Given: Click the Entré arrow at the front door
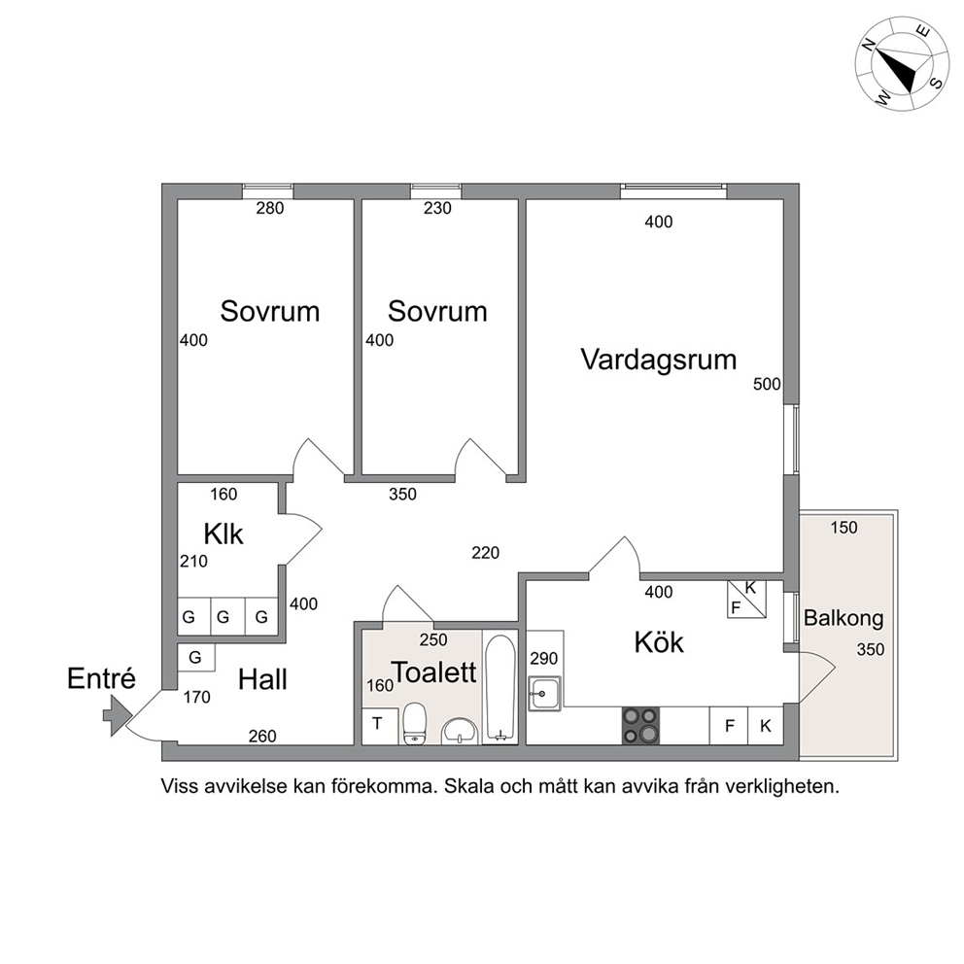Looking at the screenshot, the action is point(117,715).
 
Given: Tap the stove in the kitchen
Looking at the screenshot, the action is point(640,726).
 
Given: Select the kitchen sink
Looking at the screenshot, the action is point(544,694).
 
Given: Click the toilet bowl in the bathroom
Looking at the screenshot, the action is point(414,724).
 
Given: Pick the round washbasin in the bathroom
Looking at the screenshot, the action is point(460,731).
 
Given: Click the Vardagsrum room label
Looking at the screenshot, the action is point(659,360).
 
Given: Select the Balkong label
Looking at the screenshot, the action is point(843,618).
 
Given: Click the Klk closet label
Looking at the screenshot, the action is point(224,534).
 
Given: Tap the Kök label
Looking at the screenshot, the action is point(659,642).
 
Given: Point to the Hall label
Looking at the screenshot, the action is point(262,679).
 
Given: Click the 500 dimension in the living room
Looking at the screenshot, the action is point(767,384).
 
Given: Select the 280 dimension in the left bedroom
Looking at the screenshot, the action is point(270,208).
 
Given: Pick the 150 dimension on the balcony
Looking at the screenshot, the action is point(843,528).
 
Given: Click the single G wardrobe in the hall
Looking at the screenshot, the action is point(195,657).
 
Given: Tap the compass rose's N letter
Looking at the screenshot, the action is point(868,45).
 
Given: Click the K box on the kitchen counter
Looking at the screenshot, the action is point(766,726).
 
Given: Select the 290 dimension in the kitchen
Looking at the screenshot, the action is point(543,659).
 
